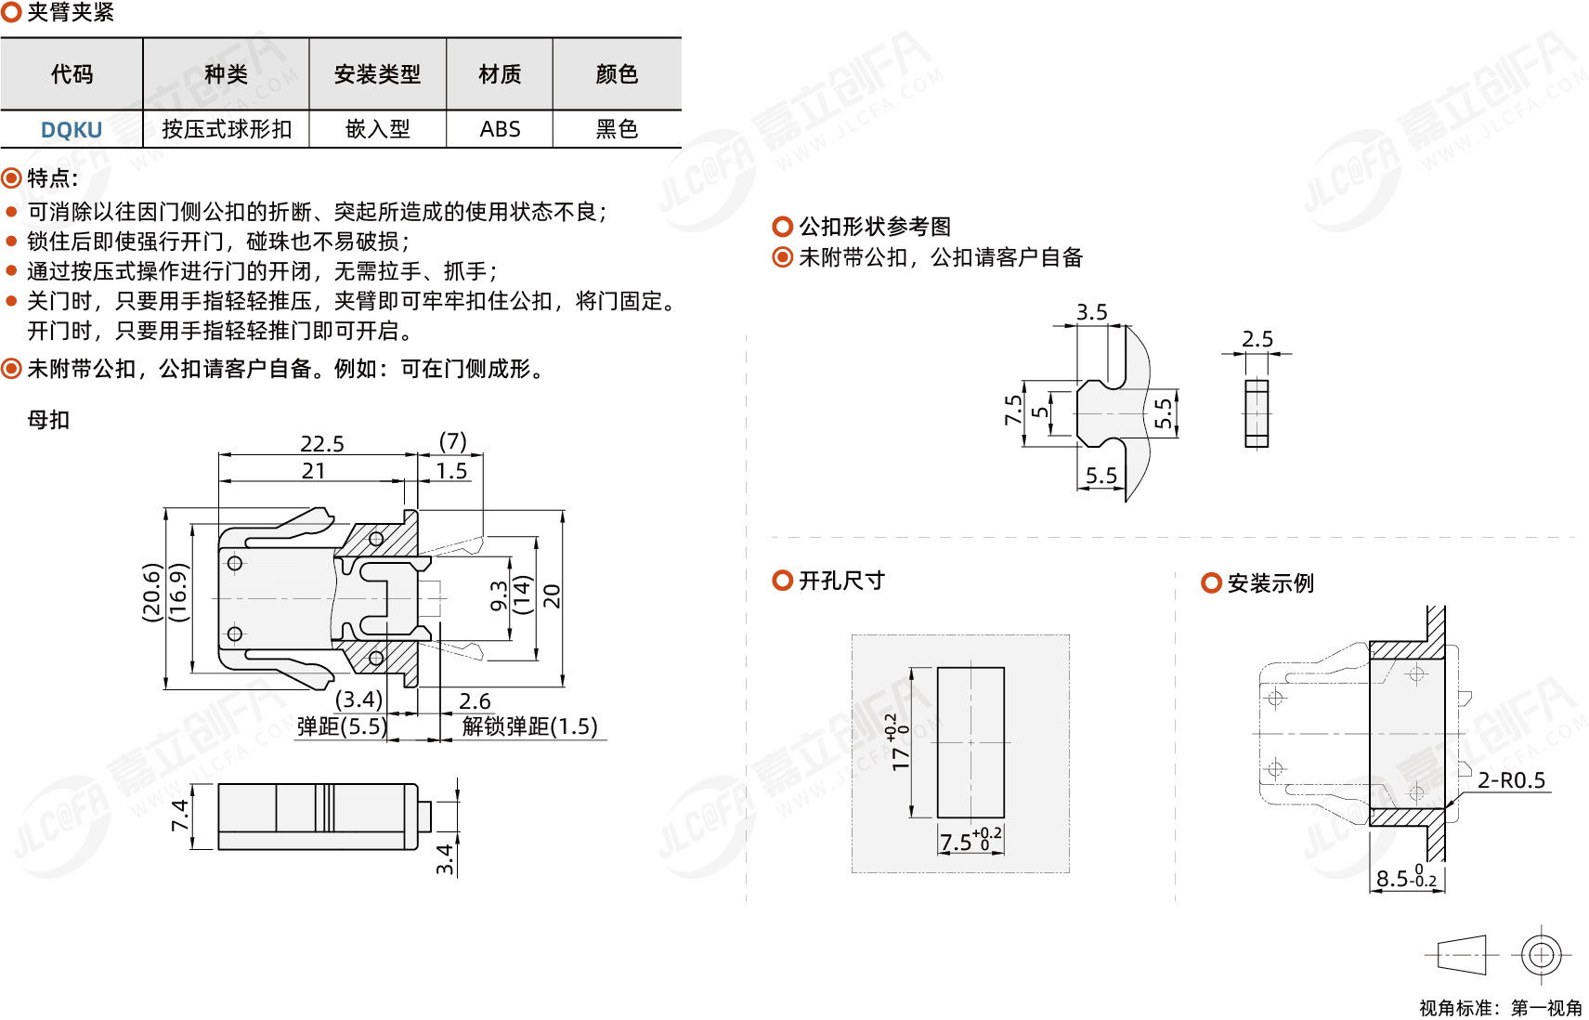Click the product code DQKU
[x=72, y=130]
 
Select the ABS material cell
[x=501, y=129]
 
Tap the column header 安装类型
[x=377, y=73]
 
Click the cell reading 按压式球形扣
[x=227, y=129]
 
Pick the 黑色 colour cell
[x=618, y=129]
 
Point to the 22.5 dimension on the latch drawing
[x=322, y=444]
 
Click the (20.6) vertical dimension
[x=151, y=593]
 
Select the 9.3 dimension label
[x=499, y=596]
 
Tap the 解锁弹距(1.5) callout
[x=530, y=726]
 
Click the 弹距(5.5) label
[x=342, y=726]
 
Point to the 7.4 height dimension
[x=180, y=815]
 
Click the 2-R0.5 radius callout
[x=1512, y=780]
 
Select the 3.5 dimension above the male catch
[x=1092, y=312]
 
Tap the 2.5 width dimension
[x=1257, y=339]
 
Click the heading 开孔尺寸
[x=842, y=581]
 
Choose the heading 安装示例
[x=1270, y=583]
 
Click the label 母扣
[x=48, y=420]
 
